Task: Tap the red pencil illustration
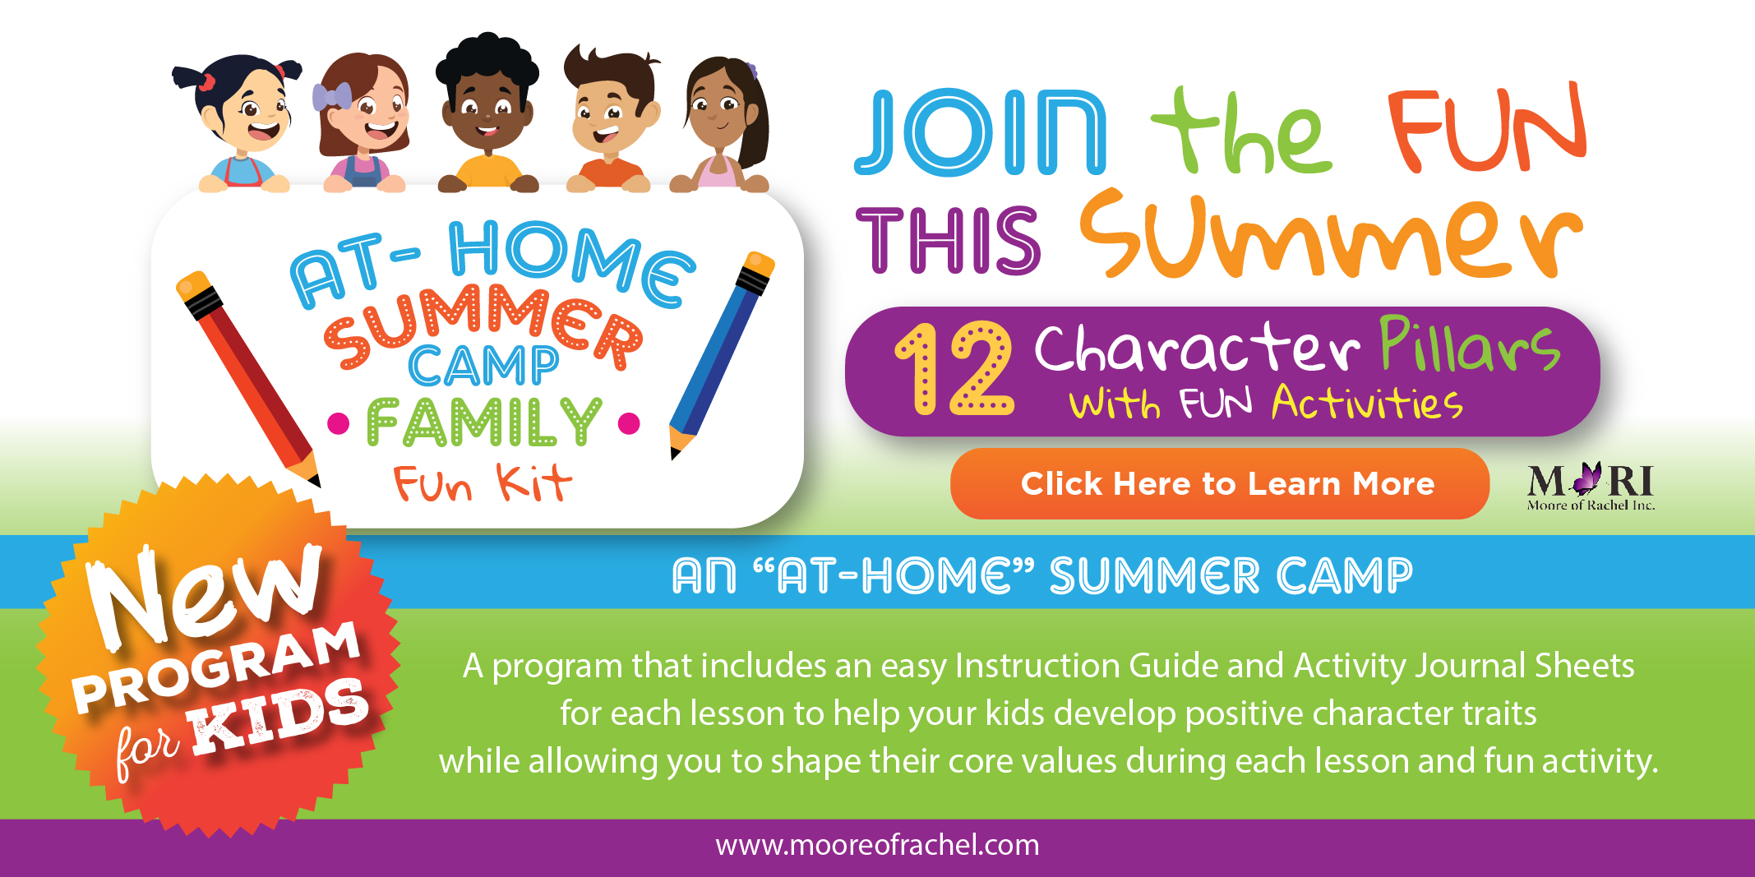tap(247, 378)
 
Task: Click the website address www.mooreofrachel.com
tap(877, 845)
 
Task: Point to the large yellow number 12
tap(954, 368)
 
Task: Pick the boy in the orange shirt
tap(611, 119)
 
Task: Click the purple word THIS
tap(948, 240)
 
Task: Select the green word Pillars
tap(1470, 344)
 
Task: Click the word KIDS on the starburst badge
tap(279, 715)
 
